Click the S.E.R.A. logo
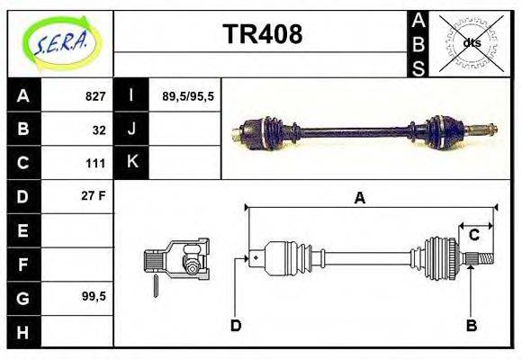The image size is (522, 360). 60,42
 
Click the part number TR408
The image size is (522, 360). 262,34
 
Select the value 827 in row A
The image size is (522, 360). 95,96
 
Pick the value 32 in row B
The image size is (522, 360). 99,130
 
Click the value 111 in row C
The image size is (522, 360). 96,163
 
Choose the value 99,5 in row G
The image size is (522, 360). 94,296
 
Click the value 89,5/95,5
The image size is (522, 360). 187,96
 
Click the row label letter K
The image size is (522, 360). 131,163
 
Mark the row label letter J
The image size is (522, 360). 131,130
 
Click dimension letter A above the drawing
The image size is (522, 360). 359,198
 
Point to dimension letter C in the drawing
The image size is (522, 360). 473,236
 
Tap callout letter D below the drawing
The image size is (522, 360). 236,325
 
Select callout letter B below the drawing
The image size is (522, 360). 471,325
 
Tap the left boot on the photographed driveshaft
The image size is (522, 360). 269,132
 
